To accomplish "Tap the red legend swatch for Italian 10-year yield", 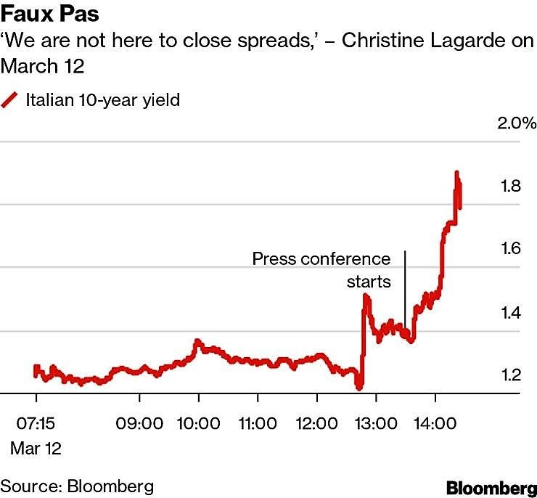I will pos(10,100).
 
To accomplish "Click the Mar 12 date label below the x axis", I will pos(36,448).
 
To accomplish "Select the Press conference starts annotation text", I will pos(321,269).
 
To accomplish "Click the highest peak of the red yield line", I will pos(456,174).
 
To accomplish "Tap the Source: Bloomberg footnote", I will pos(77,485).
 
